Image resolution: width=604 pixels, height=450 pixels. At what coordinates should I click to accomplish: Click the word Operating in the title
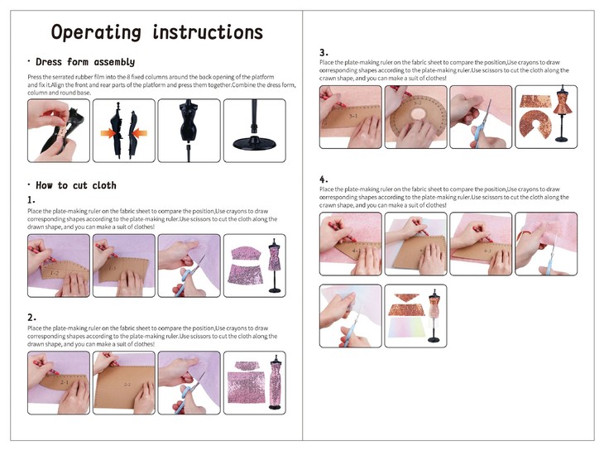pyautogui.click(x=96, y=32)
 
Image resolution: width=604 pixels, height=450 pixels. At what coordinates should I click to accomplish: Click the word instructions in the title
pyautogui.click(x=208, y=32)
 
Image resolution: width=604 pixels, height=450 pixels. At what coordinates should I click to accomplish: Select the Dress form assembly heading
pyautogui.click(x=85, y=62)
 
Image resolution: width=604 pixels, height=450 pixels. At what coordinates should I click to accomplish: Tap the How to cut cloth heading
pyautogui.click(x=76, y=185)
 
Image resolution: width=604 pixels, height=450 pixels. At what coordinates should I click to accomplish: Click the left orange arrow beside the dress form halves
pyautogui.click(x=108, y=134)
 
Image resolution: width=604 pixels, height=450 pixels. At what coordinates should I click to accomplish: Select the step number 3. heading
pyautogui.click(x=324, y=53)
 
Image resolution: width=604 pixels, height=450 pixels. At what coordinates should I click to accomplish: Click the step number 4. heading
pyautogui.click(x=324, y=180)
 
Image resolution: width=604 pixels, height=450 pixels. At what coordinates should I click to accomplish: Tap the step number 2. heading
pyautogui.click(x=31, y=318)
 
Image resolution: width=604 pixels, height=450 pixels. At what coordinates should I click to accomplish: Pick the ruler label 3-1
pyautogui.click(x=352, y=116)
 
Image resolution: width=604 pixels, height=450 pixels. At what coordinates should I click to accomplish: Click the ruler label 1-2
pyautogui.click(x=55, y=273)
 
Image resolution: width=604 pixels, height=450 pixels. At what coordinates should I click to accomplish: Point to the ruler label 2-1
pyautogui.click(x=65, y=382)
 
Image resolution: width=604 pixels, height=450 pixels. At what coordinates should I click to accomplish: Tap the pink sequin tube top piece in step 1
pyautogui.click(x=246, y=253)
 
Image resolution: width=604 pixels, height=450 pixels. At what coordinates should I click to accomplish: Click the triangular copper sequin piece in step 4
pyautogui.click(x=408, y=298)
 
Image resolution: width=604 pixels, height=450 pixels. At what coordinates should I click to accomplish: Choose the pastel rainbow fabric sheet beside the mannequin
pyautogui.click(x=407, y=328)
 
